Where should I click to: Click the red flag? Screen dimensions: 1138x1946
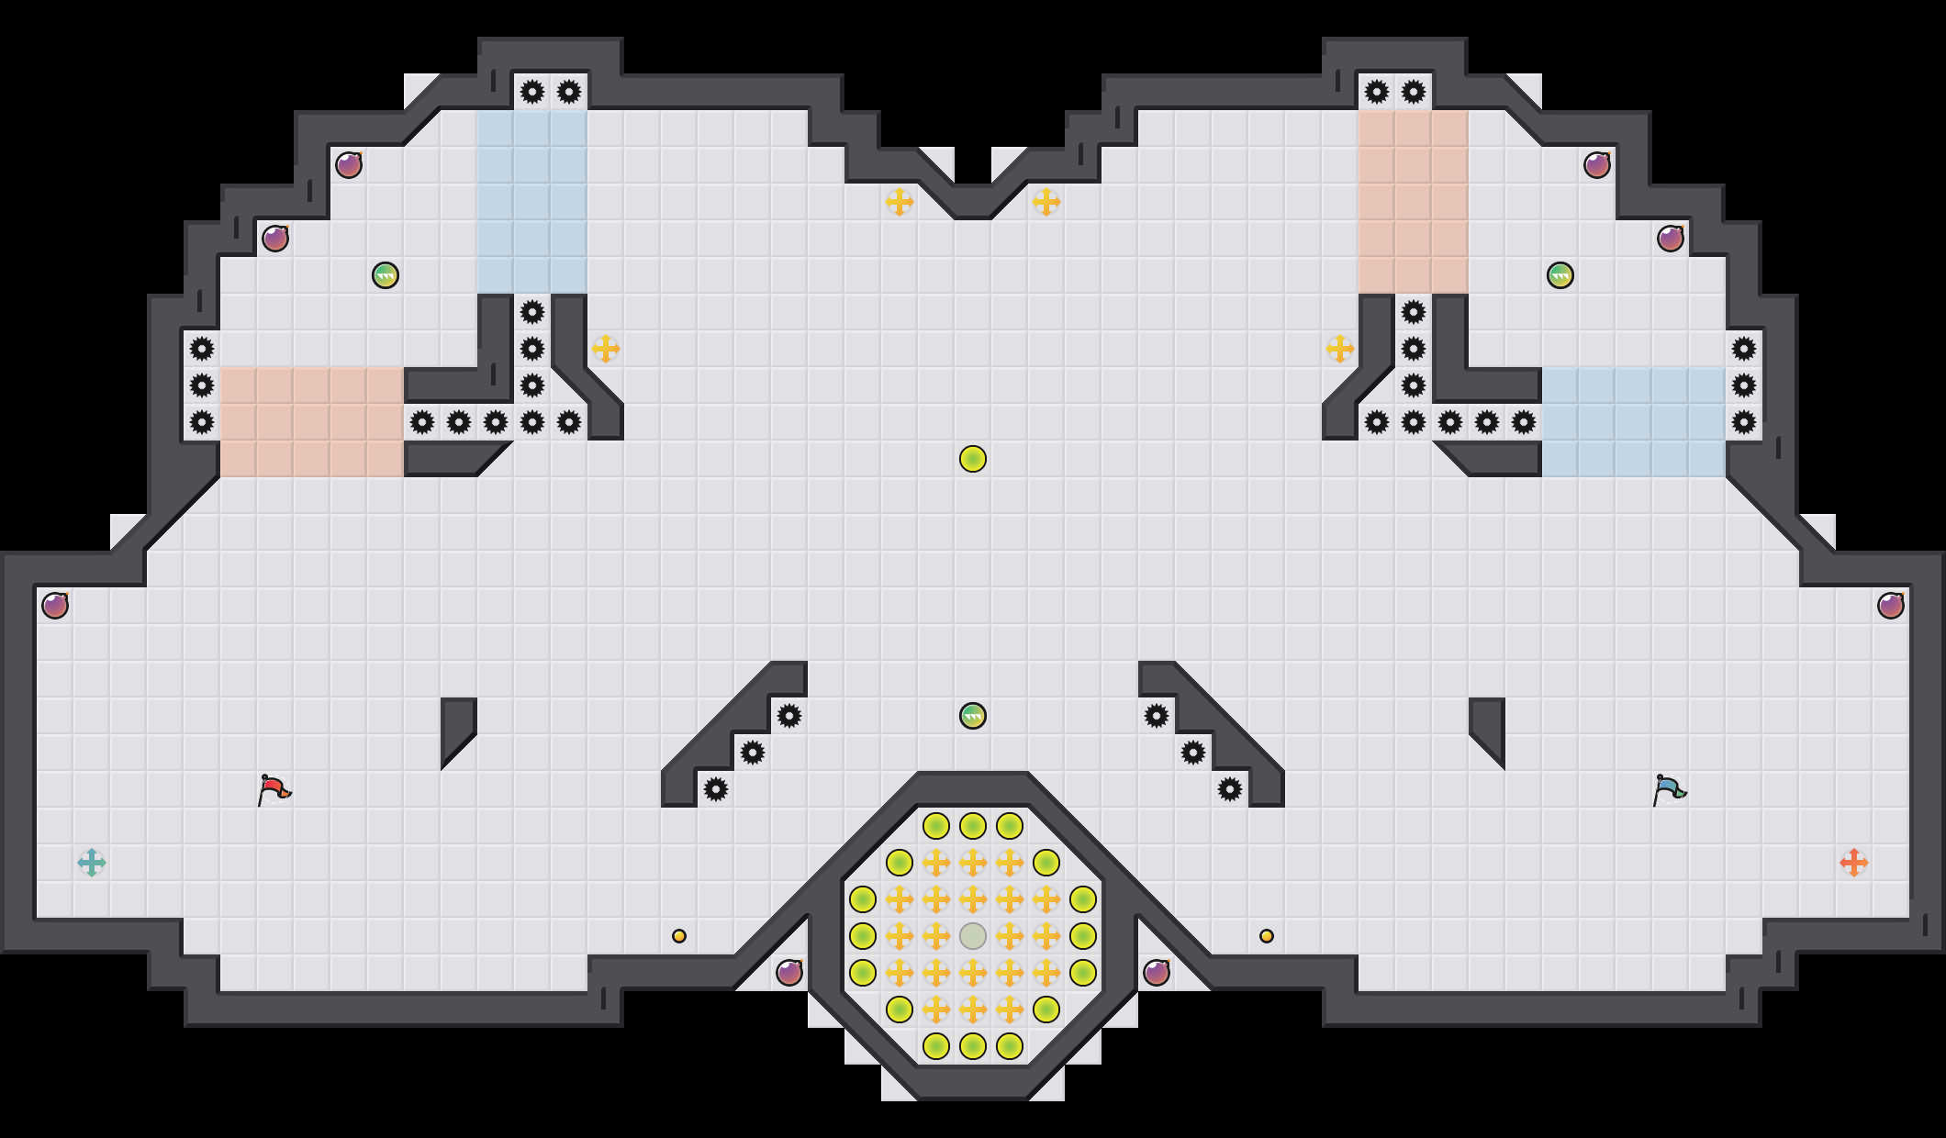pos(274,789)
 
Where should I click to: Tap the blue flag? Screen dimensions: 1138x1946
pos(1669,789)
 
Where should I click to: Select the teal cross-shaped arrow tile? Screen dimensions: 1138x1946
pos(92,863)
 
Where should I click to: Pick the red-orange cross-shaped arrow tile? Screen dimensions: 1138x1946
pos(1854,863)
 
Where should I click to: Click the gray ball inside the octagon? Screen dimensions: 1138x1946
pos(973,936)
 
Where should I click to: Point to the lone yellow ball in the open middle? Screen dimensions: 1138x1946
pos(973,459)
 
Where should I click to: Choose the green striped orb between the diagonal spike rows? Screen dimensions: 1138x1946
pos(973,716)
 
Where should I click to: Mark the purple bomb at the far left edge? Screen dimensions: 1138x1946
pos(55,606)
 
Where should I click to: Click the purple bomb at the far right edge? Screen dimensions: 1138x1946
pos(1891,606)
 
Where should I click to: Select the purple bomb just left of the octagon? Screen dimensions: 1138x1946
pos(789,973)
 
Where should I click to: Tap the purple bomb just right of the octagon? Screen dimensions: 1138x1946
pos(1157,973)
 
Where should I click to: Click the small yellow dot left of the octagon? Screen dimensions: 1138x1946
pos(679,936)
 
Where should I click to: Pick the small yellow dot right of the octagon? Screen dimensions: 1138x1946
pos(1267,936)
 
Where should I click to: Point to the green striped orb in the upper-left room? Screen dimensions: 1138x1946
pos(386,275)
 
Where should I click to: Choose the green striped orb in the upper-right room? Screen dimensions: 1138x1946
pos(1560,275)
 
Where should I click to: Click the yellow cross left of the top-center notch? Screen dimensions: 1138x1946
pos(900,202)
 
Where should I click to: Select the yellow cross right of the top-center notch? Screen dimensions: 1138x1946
pos(1046,202)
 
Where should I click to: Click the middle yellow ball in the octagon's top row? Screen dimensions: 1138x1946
pos(973,826)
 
